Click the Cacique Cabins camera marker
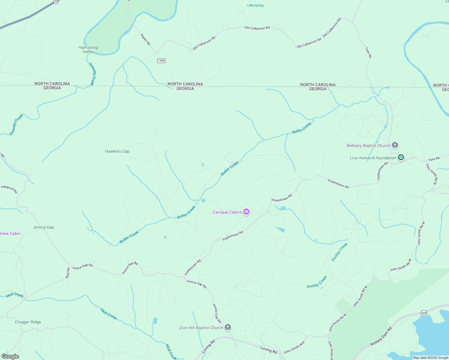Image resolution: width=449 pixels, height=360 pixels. click(x=246, y=212)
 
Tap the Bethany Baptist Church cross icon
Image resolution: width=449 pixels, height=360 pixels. click(x=395, y=145)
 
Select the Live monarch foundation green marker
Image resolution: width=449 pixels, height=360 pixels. click(x=401, y=157)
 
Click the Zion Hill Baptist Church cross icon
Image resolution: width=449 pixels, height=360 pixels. click(x=228, y=327)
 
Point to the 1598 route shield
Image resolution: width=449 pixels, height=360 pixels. click(x=161, y=61)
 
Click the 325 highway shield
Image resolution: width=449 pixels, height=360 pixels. click(x=424, y=313)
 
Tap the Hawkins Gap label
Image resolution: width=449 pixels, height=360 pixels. click(x=117, y=151)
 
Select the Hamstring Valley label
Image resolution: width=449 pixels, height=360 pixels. click(x=88, y=49)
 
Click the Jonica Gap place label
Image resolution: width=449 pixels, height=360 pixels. click(x=44, y=227)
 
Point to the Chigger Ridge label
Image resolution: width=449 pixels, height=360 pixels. click(x=28, y=322)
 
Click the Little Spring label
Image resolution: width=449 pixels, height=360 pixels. click(x=255, y=5)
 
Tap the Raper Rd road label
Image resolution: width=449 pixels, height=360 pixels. click(x=145, y=40)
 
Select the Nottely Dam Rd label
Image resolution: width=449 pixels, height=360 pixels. click(x=381, y=337)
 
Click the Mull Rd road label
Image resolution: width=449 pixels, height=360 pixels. click(x=68, y=273)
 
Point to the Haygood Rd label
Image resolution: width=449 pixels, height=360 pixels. click(x=9, y=189)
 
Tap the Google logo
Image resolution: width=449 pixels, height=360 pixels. click(x=10, y=356)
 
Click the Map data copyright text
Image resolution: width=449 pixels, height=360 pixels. click(x=430, y=358)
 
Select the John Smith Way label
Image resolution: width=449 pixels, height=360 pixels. click(x=294, y=347)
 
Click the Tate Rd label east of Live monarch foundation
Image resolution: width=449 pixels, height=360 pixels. click(x=434, y=159)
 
